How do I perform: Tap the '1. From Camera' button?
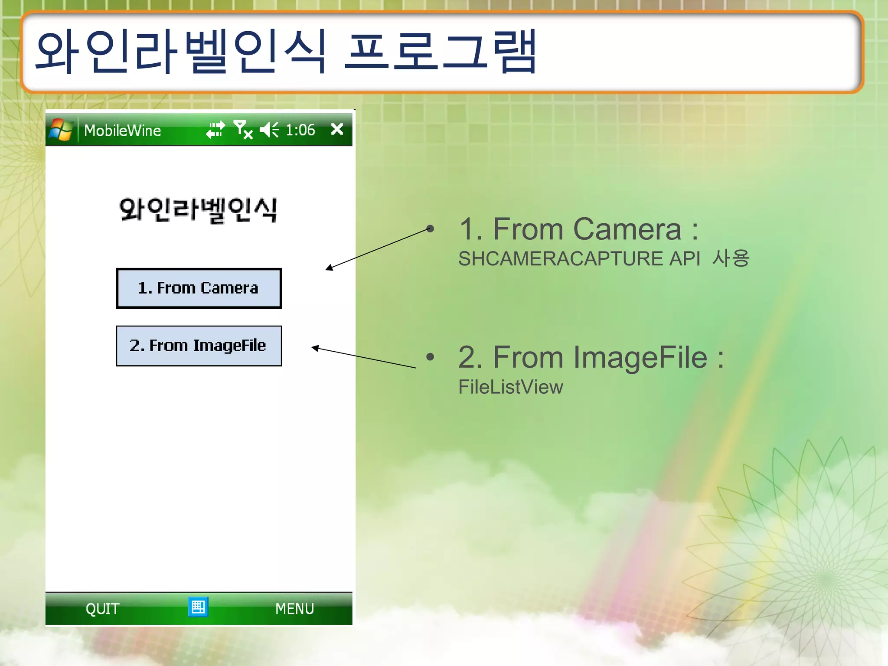[x=199, y=288]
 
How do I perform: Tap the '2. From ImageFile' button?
[x=199, y=346]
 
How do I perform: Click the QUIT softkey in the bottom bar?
[x=102, y=609]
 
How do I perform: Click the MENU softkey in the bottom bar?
[x=294, y=609]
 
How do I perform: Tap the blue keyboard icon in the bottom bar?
[x=198, y=607]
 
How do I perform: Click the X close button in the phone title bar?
[x=337, y=129]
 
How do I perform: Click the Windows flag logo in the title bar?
[x=61, y=130]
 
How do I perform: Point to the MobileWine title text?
[x=122, y=131]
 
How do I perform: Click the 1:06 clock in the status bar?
[x=300, y=130]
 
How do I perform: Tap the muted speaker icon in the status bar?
[x=269, y=130]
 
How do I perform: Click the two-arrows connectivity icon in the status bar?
[x=215, y=130]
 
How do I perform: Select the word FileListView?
[x=510, y=387]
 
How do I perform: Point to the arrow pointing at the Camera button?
[x=377, y=248]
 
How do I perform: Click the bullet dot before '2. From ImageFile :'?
[x=430, y=357]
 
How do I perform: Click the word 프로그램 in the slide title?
[x=440, y=52]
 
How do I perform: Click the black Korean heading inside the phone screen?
[x=198, y=210]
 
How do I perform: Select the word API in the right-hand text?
[x=685, y=259]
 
